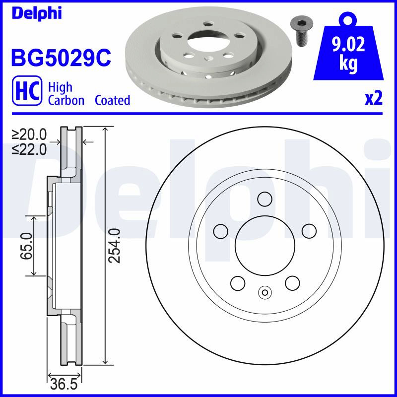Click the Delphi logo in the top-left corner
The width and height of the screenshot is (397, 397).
point(37,13)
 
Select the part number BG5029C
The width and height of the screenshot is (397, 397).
point(61,58)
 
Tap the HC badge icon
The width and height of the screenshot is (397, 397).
point(27,90)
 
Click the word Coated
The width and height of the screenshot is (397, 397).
point(113,100)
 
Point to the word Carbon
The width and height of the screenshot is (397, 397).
point(66,100)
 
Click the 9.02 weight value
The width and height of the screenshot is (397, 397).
point(349,44)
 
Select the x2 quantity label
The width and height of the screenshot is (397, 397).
point(373,99)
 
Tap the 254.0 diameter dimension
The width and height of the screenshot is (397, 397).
point(114,245)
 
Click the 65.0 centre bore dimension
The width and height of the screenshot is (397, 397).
point(26,246)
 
